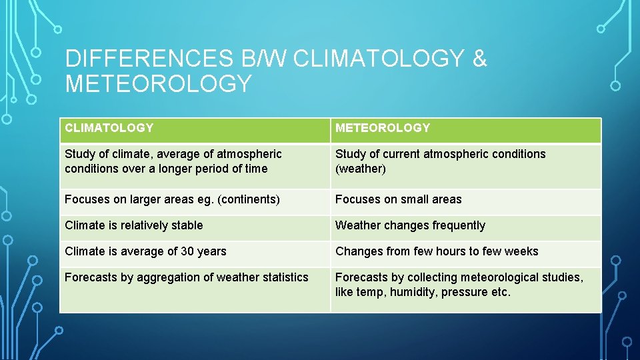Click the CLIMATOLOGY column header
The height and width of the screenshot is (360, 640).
[109, 128]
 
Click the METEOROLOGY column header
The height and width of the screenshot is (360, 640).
[383, 128]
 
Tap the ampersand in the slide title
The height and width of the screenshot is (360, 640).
[479, 59]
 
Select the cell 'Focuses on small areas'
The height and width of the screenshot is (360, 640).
[398, 199]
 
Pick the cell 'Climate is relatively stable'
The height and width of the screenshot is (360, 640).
[134, 225]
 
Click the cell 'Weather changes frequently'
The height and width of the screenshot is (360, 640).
[410, 225]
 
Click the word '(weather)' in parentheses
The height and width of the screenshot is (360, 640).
[361, 169]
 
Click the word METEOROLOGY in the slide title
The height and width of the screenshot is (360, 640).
[159, 84]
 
